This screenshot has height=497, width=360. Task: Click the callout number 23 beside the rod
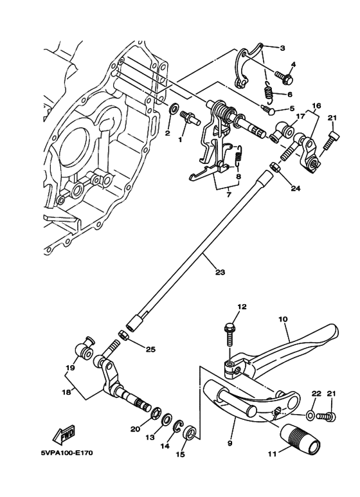point(220,272)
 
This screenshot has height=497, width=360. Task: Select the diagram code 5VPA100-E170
point(67,452)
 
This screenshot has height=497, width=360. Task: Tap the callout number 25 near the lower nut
point(150,350)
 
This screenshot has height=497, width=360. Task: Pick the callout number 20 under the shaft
point(136,429)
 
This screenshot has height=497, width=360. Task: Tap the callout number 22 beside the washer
point(316,393)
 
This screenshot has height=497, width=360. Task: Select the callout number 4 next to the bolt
point(292,64)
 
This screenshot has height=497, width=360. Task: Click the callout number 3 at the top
point(282,48)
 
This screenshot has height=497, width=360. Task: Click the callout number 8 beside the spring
point(239,176)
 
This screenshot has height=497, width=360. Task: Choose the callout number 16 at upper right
point(316,105)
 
